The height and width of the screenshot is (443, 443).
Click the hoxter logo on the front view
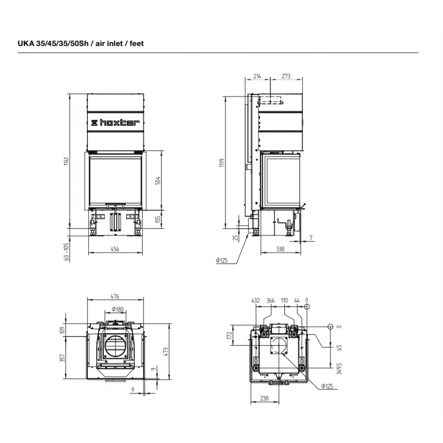point(115,123)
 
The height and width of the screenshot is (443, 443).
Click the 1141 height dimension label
point(66,161)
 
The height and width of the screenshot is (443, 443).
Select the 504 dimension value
point(158,181)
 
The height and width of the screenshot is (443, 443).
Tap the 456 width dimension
point(115,249)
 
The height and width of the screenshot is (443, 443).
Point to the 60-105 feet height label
point(66,252)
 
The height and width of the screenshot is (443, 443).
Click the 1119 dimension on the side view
point(222,163)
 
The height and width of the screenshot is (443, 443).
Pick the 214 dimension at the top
point(257,76)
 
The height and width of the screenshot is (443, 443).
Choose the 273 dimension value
point(286,76)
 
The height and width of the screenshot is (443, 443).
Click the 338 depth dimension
point(280,249)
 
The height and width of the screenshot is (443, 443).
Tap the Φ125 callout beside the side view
point(222,260)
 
